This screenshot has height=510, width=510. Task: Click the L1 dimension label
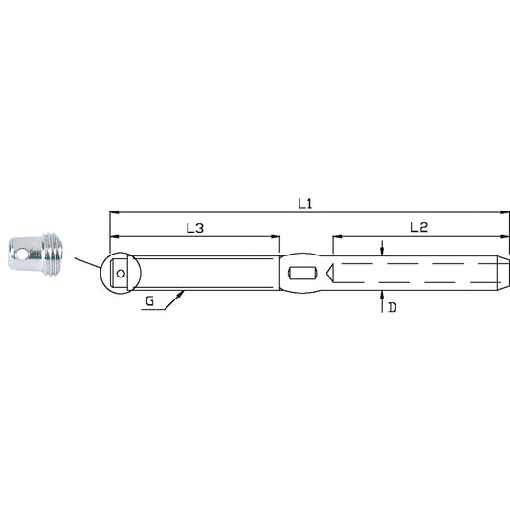pos(305,204)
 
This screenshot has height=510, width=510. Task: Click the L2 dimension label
pos(419,227)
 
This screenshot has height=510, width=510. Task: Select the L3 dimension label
pos(195,228)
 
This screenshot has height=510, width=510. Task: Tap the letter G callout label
pos(149,301)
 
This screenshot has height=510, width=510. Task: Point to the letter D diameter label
pos(393,307)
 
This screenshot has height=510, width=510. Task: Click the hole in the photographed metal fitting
pos(21,255)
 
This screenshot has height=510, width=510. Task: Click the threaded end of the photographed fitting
pos(53,255)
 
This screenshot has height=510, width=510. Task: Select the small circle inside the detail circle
pos(121,274)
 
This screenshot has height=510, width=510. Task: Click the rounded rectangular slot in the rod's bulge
pos(302,274)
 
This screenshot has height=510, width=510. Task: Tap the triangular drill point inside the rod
pos(330,274)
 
